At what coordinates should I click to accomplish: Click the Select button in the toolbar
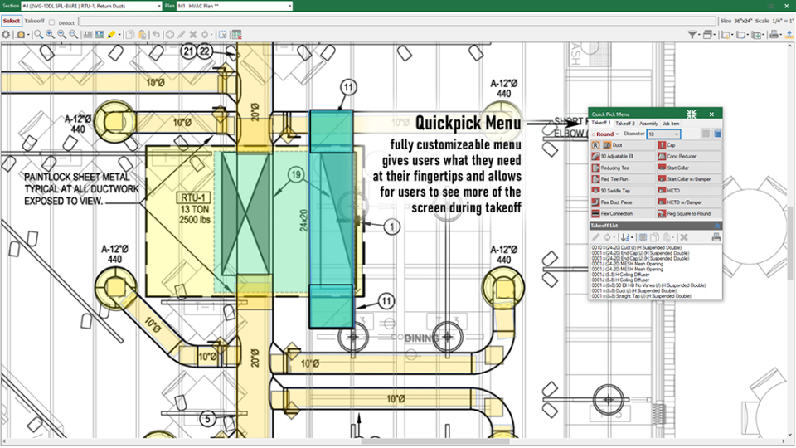(11, 21)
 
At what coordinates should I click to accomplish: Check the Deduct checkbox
(52, 22)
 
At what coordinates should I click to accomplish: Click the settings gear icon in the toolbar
(7, 35)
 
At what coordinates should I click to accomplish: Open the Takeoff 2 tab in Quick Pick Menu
(625, 123)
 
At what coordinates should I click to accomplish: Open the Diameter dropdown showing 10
(663, 134)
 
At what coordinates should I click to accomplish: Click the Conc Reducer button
(688, 156)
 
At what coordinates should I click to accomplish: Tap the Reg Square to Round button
(688, 213)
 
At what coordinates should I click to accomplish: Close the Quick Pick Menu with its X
(711, 114)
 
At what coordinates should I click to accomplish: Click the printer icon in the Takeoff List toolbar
(716, 237)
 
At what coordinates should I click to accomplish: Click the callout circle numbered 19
(296, 174)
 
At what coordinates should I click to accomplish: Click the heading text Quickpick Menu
(468, 123)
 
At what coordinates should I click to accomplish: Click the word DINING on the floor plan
(422, 338)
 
